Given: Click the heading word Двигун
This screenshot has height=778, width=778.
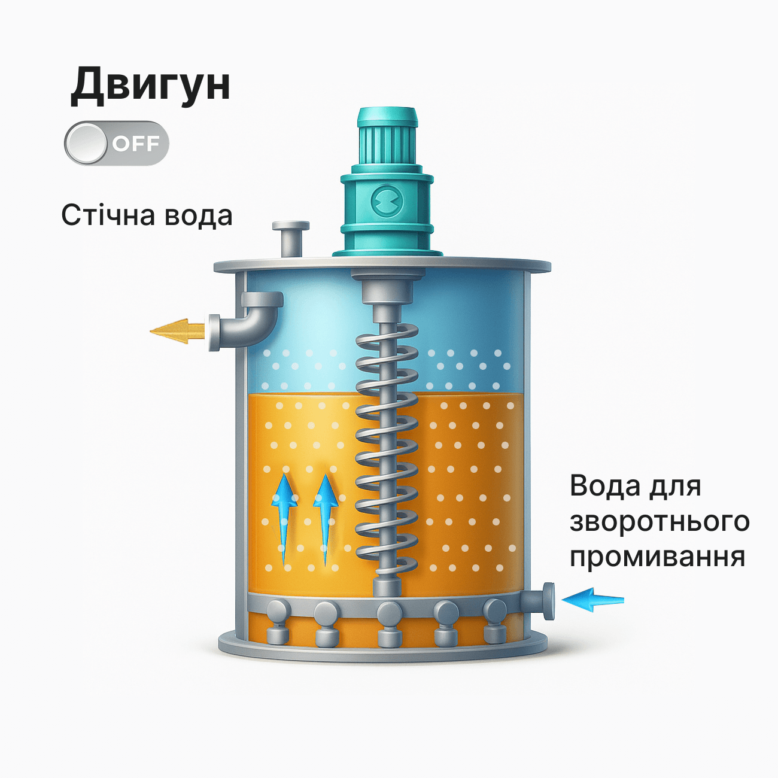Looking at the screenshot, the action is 150,86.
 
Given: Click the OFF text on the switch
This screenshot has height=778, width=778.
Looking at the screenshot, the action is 136,144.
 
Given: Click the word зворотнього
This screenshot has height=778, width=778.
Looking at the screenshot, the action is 659,521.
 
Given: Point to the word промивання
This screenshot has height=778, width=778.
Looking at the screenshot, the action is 657,557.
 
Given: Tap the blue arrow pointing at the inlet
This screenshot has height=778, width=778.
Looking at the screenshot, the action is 592,599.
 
